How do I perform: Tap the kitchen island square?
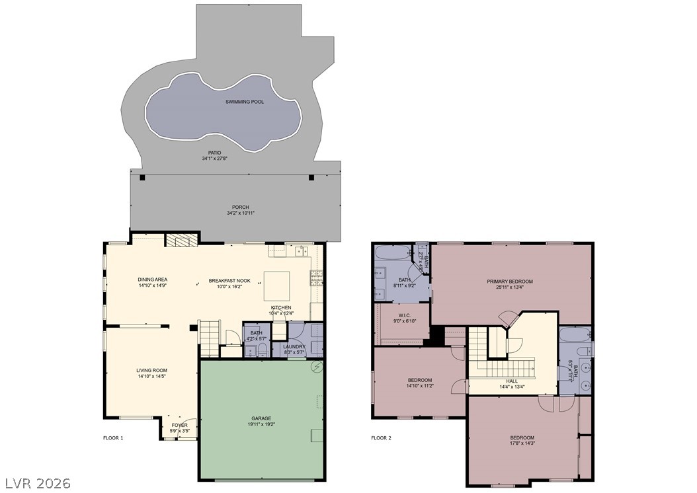pyautogui.click(x=277, y=285)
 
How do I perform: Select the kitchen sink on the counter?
pyautogui.click(x=301, y=250)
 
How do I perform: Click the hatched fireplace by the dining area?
pyautogui.click(x=181, y=240)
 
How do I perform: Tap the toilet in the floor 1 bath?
pyautogui.click(x=262, y=349)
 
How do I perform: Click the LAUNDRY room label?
pyautogui.click(x=294, y=346)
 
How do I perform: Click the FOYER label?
pyautogui.click(x=179, y=425)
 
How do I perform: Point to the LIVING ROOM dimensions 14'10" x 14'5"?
pyautogui.click(x=151, y=377)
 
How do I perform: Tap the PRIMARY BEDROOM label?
pyautogui.click(x=509, y=282)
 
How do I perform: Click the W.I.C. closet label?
pyautogui.click(x=405, y=315)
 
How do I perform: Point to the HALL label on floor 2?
pyautogui.click(x=512, y=381)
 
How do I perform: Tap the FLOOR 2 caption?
pyautogui.click(x=381, y=437)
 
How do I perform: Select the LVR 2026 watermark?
pyautogui.click(x=37, y=483)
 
